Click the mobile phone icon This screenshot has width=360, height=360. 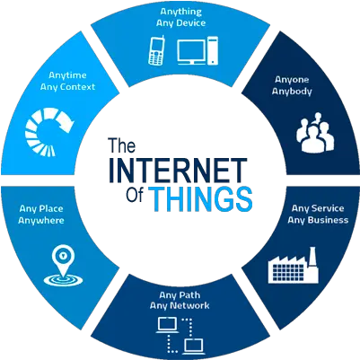click(x=156, y=50)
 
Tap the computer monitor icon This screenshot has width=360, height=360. click(x=191, y=52)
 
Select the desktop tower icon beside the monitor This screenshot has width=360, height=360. click(x=213, y=50)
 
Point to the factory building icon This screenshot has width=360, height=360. click(x=293, y=265)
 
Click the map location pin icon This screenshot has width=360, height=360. click(x=63, y=266)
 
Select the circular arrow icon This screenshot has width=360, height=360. click(x=49, y=132)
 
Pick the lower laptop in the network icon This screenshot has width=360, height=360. click(x=194, y=347)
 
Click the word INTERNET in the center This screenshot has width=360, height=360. click(x=178, y=170)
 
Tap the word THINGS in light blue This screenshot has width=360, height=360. click(x=200, y=198)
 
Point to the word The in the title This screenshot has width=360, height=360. click(x=122, y=145)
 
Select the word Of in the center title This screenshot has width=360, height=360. click(x=136, y=195)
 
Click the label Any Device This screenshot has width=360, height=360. click(x=180, y=23)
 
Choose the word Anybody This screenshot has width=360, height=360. click(x=292, y=92)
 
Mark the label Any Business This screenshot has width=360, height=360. click(x=318, y=220)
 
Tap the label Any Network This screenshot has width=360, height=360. click(x=180, y=306)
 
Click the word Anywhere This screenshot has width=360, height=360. click(x=41, y=221)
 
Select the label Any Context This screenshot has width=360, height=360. click(x=67, y=87)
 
